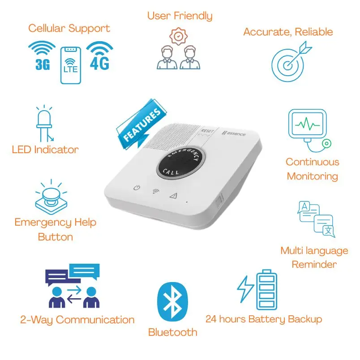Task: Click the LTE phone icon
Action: [70, 64]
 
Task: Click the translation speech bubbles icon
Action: [316, 219]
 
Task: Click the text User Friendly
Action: [180, 16]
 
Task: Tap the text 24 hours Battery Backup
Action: [263, 319]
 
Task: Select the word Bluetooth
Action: [172, 332]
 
